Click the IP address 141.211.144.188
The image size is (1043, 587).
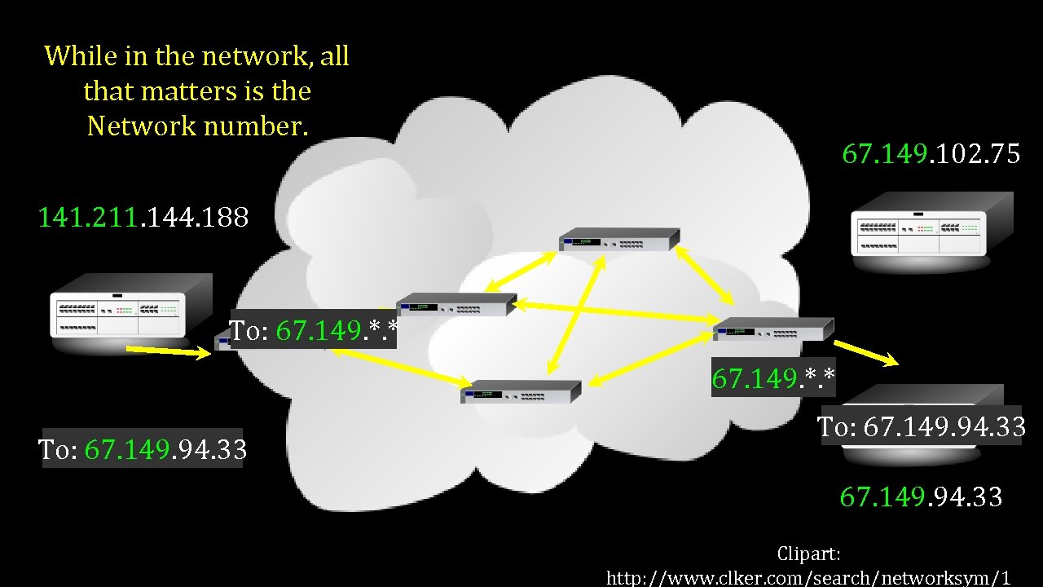point(143,218)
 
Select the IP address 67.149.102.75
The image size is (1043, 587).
point(931,154)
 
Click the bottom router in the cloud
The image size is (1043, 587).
point(521,392)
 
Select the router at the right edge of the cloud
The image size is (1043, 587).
point(773,329)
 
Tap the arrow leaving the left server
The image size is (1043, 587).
point(168,351)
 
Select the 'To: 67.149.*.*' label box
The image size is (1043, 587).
point(314,330)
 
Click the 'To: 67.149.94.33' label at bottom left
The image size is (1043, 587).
point(143,449)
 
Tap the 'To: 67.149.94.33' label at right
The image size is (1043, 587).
point(921,426)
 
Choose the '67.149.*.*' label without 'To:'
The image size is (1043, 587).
point(773,377)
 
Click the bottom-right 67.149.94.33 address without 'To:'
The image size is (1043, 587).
point(921,497)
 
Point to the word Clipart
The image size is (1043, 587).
point(808,554)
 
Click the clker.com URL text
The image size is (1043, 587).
point(808,578)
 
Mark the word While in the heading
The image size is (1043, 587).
point(74,55)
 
